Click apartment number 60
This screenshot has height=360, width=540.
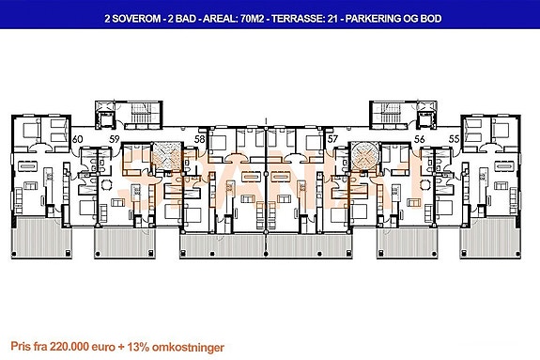point(77,139)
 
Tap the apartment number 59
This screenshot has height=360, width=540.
point(113,139)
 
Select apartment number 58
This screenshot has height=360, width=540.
point(199,139)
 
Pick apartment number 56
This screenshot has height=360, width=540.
point(420,139)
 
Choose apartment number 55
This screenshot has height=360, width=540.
point(455,139)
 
